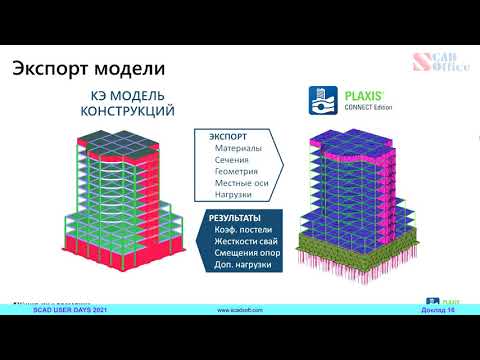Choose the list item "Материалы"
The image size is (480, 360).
(x=238, y=148)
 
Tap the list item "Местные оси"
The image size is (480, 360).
(x=242, y=184)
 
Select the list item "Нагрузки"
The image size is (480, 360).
(x=237, y=196)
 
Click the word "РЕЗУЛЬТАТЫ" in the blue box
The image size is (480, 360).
(x=235, y=218)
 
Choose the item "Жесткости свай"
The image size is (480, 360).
(x=248, y=242)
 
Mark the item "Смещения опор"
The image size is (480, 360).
(x=247, y=254)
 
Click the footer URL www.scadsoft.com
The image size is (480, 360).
(x=240, y=311)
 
